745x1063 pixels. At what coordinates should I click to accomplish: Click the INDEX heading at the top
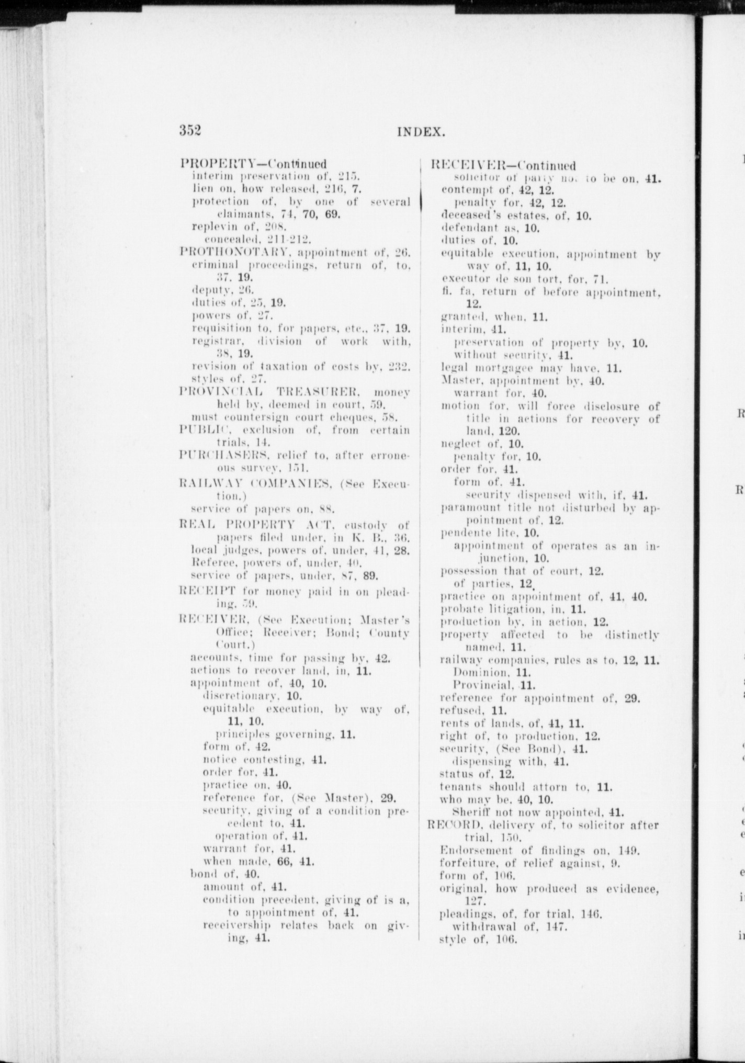click(x=421, y=132)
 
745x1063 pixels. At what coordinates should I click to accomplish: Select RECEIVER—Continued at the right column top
click(x=503, y=166)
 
